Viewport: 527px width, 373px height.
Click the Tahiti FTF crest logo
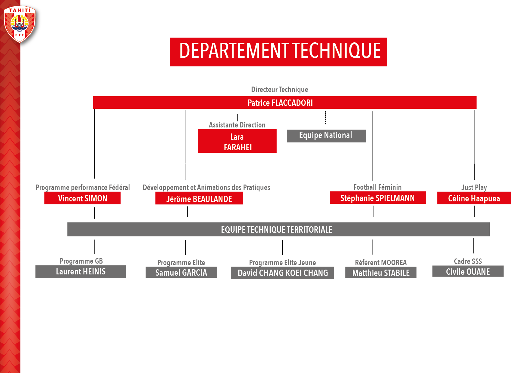pos(20,24)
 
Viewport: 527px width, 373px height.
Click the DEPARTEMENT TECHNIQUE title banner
pos(279,52)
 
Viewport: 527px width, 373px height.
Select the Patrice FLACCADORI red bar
pos(285,102)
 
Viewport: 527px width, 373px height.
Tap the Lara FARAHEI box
pos(237,141)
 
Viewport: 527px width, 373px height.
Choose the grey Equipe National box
pos(326,136)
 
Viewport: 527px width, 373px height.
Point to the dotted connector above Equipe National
pos(326,118)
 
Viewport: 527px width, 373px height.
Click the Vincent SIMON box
pos(82,198)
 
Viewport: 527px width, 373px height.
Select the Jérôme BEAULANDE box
pos(199,198)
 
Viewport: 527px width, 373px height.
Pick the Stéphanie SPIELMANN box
pos(378,198)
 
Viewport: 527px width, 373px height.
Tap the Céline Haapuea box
pos(474,198)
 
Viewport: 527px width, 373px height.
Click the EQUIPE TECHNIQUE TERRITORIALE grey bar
pos(279,229)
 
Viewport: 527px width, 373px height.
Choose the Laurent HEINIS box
pos(81,272)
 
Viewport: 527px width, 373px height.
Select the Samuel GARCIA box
pos(181,273)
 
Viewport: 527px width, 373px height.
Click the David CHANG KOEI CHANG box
pos(282,273)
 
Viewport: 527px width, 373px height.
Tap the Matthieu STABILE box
pos(381,273)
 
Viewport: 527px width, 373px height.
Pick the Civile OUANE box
pos(468,271)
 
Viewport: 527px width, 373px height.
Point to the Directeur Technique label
pos(280,89)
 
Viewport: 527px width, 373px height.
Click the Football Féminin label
pos(378,187)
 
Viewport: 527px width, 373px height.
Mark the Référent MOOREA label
pos(381,262)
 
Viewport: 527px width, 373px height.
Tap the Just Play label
pos(474,187)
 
